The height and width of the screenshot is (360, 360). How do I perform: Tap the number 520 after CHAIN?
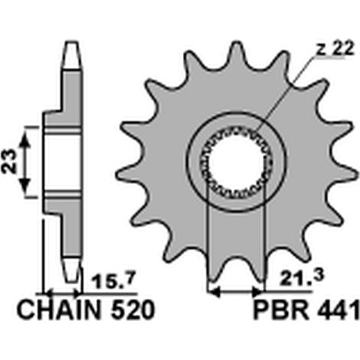(133, 310)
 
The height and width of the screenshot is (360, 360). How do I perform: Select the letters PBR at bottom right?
(281, 310)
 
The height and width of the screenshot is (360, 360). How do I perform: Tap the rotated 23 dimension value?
(9, 161)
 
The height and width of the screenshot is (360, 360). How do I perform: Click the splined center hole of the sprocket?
(237, 163)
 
